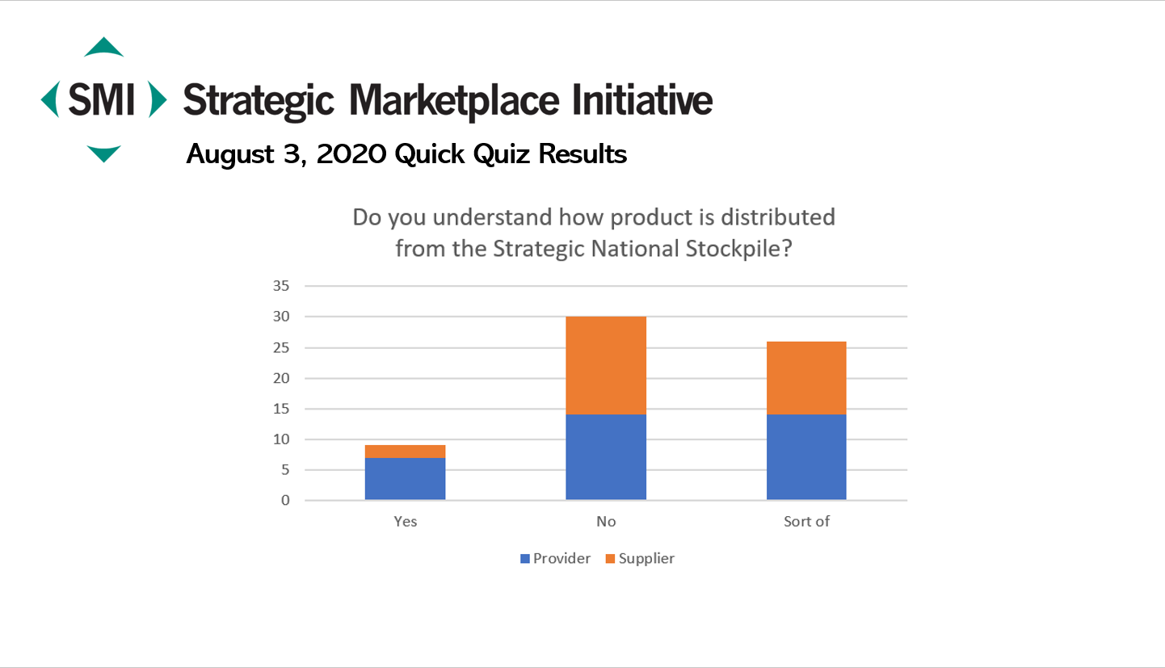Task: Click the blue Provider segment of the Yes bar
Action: click(x=405, y=479)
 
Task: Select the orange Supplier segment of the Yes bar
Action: click(x=405, y=452)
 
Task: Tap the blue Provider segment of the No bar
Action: click(x=606, y=457)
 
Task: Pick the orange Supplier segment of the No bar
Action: click(x=606, y=365)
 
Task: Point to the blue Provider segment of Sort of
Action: click(x=806, y=457)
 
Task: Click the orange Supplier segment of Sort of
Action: click(x=806, y=378)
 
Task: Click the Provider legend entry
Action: click(x=556, y=558)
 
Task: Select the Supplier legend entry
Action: click(x=640, y=558)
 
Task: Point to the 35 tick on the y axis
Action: click(x=281, y=285)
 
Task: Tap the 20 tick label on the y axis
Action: click(x=281, y=378)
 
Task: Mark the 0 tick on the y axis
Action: click(x=285, y=500)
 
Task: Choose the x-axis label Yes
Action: click(x=405, y=521)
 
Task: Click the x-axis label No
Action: click(x=606, y=521)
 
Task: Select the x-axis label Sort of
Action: click(x=806, y=521)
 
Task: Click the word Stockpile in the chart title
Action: click(x=738, y=250)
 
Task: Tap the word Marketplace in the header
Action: click(x=454, y=100)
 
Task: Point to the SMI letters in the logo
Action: click(x=102, y=99)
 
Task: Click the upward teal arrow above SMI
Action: click(x=104, y=47)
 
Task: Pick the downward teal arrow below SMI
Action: click(x=103, y=153)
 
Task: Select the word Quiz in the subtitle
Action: click(x=502, y=153)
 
